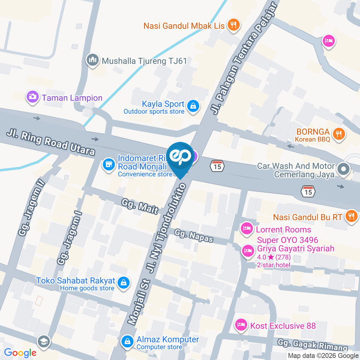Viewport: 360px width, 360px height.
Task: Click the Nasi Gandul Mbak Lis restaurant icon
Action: pos(234,25)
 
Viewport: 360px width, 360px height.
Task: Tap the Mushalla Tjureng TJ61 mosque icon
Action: pos(92,60)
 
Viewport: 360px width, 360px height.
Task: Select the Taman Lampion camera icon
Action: pos(33,97)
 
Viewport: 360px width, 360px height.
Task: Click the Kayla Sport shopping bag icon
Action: pos(193,106)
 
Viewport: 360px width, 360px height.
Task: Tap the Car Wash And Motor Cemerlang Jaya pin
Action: pos(343,169)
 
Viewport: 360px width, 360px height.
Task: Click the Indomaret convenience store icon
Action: pos(109,164)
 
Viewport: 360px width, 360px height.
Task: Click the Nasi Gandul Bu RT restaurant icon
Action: pos(351,216)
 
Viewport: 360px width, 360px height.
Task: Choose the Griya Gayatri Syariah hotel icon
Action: pos(247,250)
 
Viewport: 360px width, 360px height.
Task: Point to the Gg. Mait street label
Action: pos(140,206)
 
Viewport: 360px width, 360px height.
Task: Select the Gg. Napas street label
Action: pos(193,236)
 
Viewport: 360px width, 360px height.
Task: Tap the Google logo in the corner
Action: pos(20,352)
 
